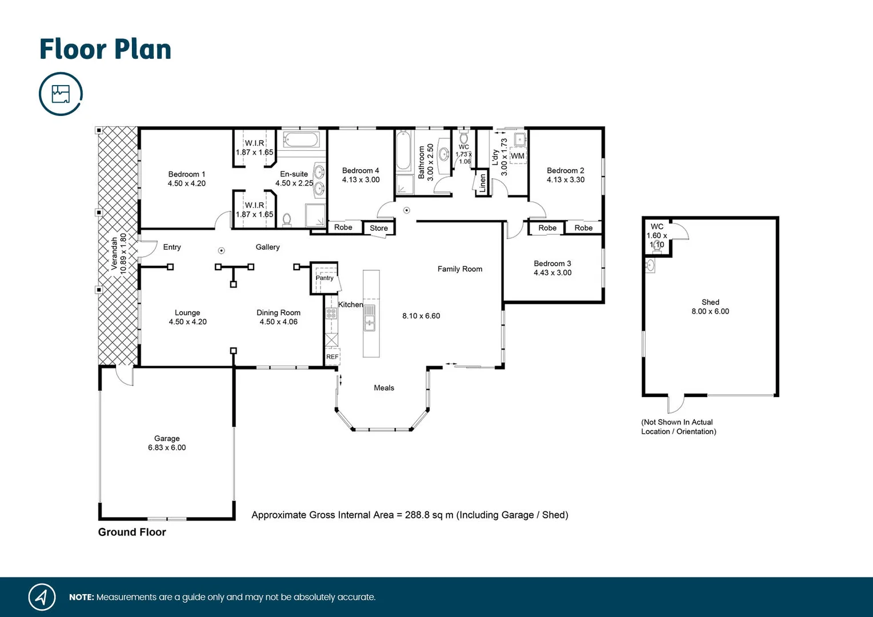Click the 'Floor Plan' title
click(105, 50)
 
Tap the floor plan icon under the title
click(61, 94)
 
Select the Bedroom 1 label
click(186, 174)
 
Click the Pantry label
click(325, 278)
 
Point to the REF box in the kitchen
click(332, 356)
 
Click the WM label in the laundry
click(518, 156)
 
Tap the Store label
click(378, 228)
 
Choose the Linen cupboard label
click(482, 183)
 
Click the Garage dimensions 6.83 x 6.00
click(167, 448)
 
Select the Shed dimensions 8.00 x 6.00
click(710, 311)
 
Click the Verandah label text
click(114, 254)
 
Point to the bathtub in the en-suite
click(301, 140)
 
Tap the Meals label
click(384, 388)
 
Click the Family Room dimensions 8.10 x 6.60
click(421, 316)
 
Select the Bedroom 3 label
click(552, 263)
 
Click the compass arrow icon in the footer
click(42, 597)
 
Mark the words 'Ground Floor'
click(132, 532)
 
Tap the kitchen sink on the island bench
click(370, 318)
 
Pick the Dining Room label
click(278, 312)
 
